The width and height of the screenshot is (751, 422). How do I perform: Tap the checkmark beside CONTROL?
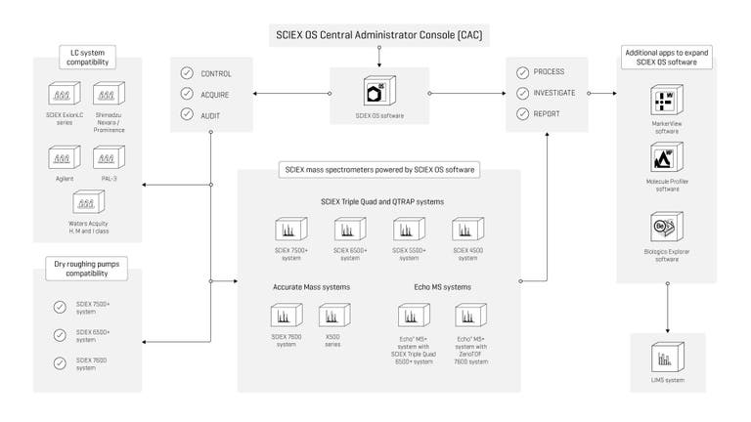pos(187,74)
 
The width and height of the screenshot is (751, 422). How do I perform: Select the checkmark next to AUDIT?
pos(187,114)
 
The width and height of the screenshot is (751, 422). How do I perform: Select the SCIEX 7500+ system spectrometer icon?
pos(291,230)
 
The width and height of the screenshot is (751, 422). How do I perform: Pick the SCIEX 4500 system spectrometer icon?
pos(467,230)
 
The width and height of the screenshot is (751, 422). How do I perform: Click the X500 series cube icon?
pos(335,316)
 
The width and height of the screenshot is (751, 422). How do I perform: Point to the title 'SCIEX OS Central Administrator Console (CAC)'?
pos(376,36)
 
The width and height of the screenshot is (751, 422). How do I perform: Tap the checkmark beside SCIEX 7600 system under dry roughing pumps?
pos(61,363)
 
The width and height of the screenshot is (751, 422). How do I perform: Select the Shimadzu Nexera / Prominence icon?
pos(108,95)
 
